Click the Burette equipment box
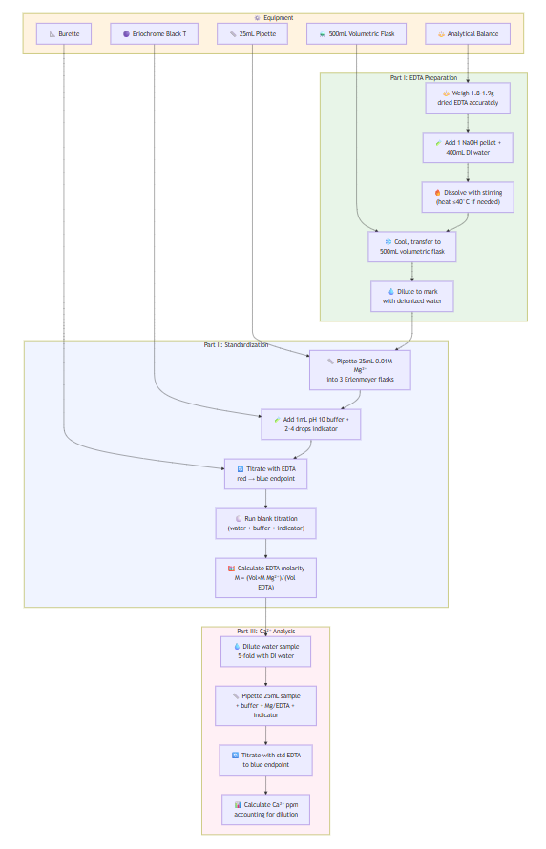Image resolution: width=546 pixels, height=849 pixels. point(64,34)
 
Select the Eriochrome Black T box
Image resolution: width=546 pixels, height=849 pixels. point(154,34)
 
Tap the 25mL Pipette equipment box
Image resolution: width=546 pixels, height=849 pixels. point(252,34)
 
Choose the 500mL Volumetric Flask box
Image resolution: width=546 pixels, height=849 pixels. point(357,34)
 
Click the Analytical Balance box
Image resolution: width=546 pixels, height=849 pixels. point(468,34)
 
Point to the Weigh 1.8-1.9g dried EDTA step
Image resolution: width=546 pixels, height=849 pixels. point(467,97)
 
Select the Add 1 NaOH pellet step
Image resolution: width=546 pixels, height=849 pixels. point(467,147)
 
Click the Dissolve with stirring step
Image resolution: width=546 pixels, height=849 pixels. point(467,197)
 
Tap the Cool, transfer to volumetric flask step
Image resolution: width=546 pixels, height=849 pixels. point(412,246)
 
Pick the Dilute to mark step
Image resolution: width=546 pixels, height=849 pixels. point(412,296)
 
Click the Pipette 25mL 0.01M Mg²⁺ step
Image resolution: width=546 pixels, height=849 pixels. point(359,371)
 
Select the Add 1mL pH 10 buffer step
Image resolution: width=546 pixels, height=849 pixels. point(311,424)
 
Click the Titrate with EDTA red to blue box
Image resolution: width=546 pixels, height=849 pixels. point(265,474)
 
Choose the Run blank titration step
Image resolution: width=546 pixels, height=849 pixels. point(265,523)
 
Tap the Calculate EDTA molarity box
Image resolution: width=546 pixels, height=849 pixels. point(265,577)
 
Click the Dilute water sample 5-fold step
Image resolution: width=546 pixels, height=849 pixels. point(265,651)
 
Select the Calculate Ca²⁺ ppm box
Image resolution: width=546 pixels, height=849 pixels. point(265,810)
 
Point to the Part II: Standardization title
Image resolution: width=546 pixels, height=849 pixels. point(236,345)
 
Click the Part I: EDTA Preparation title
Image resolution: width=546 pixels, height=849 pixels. point(423,77)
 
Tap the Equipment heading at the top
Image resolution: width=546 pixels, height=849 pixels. point(274,17)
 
